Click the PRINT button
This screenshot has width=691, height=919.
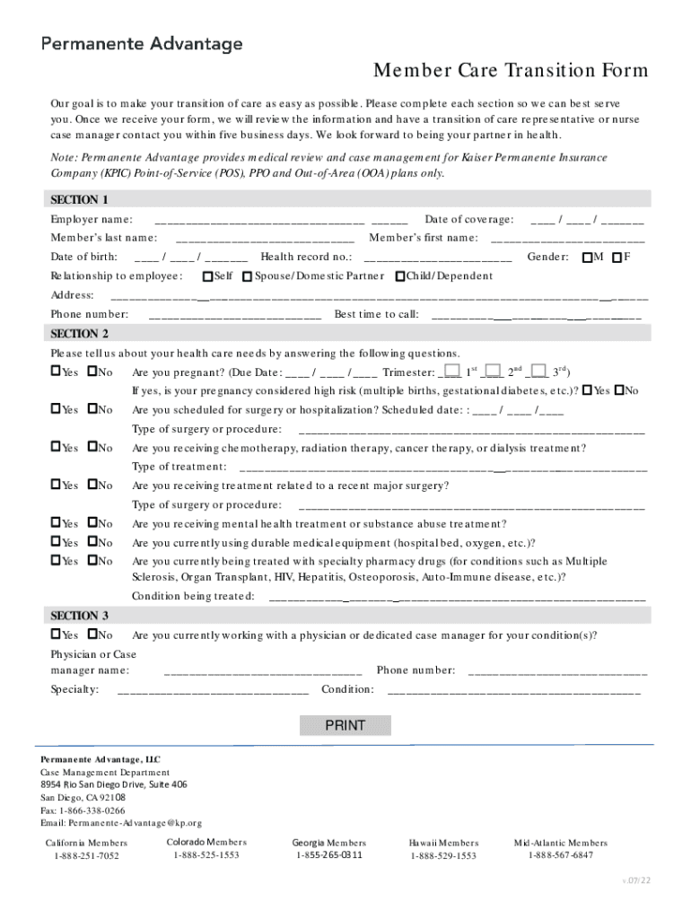tap(345, 725)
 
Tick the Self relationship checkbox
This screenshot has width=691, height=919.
tap(208, 276)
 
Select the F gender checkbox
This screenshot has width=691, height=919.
tap(617, 258)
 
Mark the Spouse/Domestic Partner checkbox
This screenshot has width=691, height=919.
tap(248, 276)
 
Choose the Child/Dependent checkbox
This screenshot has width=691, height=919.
tap(400, 276)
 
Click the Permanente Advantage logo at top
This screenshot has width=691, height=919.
tap(141, 43)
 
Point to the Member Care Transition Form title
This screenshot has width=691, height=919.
tap(511, 71)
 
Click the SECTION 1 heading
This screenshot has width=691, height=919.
tap(80, 199)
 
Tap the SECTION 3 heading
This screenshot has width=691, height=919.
tap(80, 616)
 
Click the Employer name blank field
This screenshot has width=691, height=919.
tap(280, 220)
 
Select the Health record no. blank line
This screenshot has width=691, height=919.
tap(437, 258)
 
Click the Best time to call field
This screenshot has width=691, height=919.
tap(536, 314)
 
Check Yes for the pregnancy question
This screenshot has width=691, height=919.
tap(56, 372)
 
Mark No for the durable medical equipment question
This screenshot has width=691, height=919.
tap(92, 542)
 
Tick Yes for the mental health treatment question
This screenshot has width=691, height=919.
tap(56, 523)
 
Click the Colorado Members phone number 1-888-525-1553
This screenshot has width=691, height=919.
tap(206, 855)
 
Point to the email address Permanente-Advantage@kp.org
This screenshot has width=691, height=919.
tap(121, 822)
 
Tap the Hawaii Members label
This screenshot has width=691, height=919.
tap(443, 843)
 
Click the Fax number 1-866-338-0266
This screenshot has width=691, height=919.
tap(83, 810)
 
